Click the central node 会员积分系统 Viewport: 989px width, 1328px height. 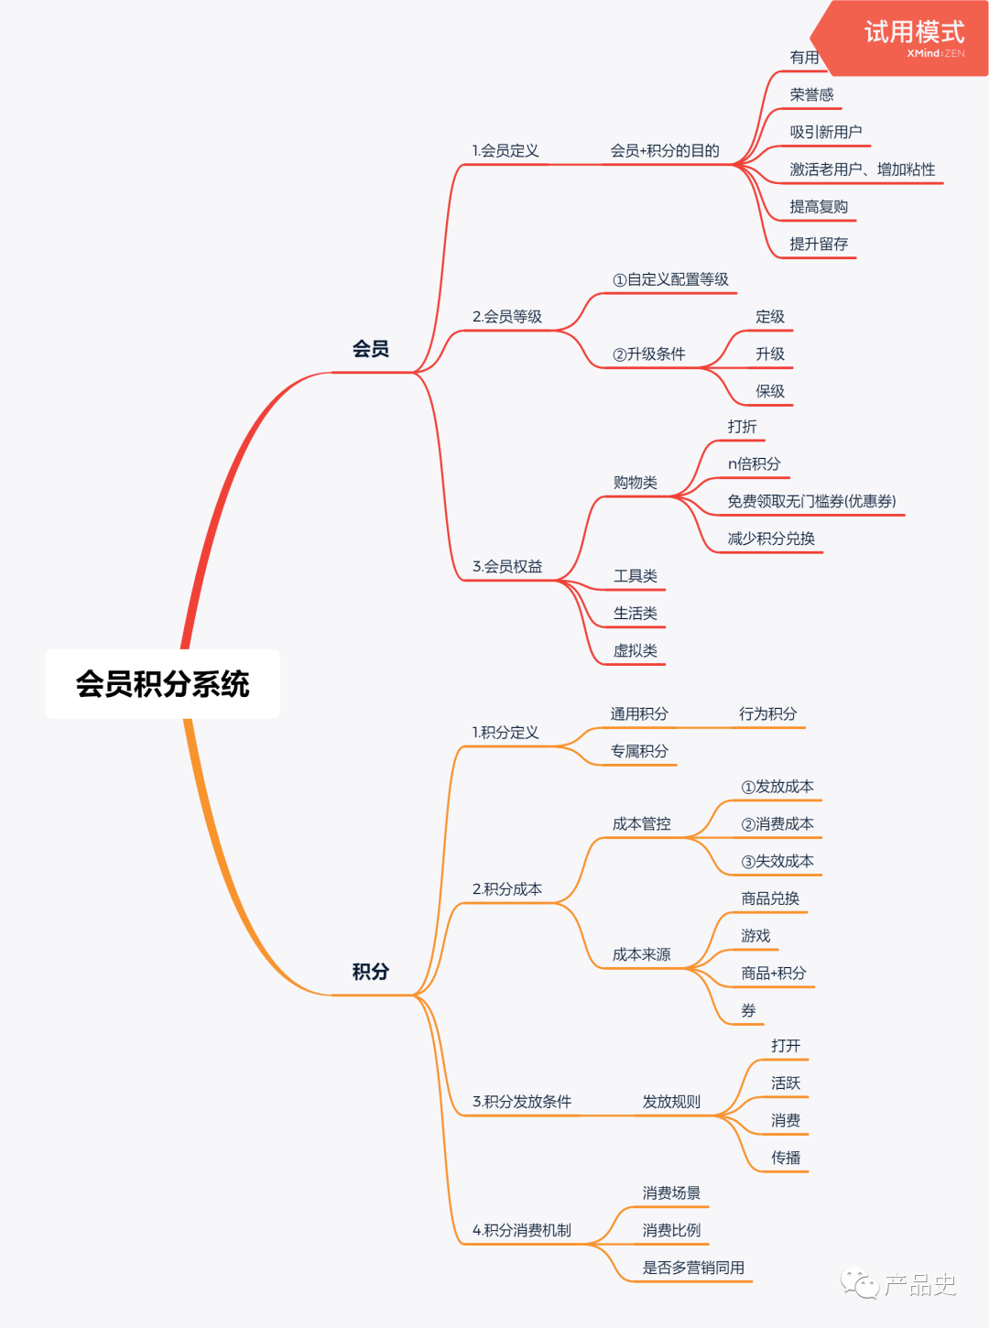(162, 684)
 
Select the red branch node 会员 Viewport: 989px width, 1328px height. (371, 349)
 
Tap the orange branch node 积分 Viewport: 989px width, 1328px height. (371, 972)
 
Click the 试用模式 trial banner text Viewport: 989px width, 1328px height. (914, 33)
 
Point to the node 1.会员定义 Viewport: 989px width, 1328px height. (505, 151)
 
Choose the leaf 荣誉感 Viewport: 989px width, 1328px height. (811, 95)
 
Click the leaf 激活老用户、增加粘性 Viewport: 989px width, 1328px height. (862, 169)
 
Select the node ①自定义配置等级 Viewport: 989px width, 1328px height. (670, 280)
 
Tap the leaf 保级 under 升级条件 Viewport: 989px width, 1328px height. (769, 392)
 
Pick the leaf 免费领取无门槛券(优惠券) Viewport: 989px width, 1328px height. (811, 502)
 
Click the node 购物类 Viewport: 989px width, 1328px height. (636, 483)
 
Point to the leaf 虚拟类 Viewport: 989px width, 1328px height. (636, 651)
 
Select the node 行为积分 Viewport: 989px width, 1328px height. (767, 714)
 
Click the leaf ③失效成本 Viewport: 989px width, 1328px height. (777, 862)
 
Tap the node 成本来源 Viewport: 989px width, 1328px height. (641, 955)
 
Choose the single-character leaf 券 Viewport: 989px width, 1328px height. (748, 1011)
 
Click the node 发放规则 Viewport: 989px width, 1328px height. (671, 1102)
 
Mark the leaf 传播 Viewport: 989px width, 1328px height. (786, 1159)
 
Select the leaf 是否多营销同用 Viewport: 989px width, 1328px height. (693, 1268)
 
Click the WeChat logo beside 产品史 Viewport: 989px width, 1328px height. (860, 1283)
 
